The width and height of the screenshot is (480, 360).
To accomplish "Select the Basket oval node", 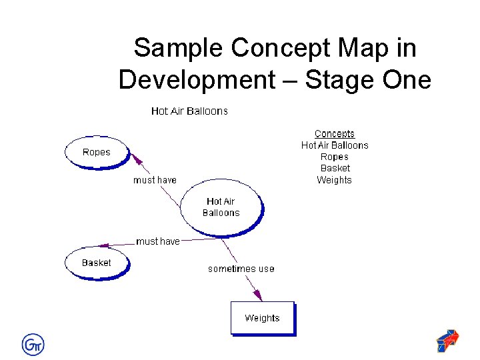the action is pyautogui.click(x=97, y=263).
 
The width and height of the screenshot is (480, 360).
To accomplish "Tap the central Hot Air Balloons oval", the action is pyautogui.click(x=221, y=207).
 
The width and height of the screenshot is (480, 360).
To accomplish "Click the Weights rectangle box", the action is pyautogui.click(x=262, y=318).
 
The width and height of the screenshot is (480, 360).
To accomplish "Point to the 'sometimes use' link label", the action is pyautogui.click(x=241, y=269).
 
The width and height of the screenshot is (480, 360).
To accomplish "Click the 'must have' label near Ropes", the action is pyautogui.click(x=155, y=180).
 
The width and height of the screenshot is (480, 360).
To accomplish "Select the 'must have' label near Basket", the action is pyautogui.click(x=158, y=241).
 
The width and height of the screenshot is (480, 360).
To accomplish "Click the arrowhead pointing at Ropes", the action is pyautogui.click(x=137, y=159).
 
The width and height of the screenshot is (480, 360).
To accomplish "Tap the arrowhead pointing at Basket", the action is pyautogui.click(x=103, y=245).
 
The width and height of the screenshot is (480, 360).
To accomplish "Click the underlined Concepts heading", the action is pyautogui.click(x=335, y=134).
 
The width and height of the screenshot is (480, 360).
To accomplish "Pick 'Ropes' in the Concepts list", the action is pyautogui.click(x=335, y=157).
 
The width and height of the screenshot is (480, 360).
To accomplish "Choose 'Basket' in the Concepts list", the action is pyautogui.click(x=335, y=168).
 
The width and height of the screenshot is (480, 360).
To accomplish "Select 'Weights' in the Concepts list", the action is pyautogui.click(x=335, y=180).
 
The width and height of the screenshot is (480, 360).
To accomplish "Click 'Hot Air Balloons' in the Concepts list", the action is pyautogui.click(x=335, y=145).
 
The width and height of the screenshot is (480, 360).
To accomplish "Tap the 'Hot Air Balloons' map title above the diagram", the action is pyautogui.click(x=189, y=111).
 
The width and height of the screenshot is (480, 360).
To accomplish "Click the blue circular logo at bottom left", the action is pyautogui.click(x=33, y=344).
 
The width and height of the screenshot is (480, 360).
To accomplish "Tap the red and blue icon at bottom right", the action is pyautogui.click(x=447, y=341).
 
